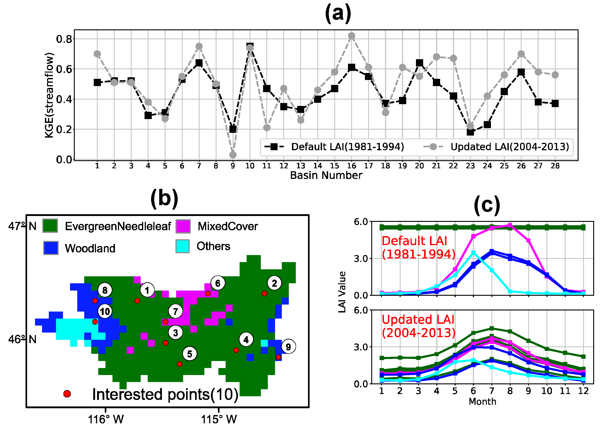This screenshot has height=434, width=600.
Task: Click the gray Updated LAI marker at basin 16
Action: point(351,36)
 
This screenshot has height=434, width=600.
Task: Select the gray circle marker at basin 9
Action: point(233,155)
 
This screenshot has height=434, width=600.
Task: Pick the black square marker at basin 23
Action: point(470,132)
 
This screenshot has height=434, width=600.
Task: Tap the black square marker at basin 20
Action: point(419,63)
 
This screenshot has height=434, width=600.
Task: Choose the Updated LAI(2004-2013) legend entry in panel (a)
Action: point(496,147)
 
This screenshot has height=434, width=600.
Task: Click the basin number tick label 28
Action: point(555,166)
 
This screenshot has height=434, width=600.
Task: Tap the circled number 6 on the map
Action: point(218,283)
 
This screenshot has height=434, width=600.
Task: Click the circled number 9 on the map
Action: point(288,347)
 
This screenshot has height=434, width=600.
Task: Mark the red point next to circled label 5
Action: point(180,364)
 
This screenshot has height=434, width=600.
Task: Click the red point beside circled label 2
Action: point(264,293)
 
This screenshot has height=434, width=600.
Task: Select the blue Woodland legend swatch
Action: point(51,248)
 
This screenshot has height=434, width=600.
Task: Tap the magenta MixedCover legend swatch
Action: point(183,226)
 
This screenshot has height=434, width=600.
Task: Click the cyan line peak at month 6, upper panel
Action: point(473,253)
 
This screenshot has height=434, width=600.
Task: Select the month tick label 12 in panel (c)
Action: point(583,391)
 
